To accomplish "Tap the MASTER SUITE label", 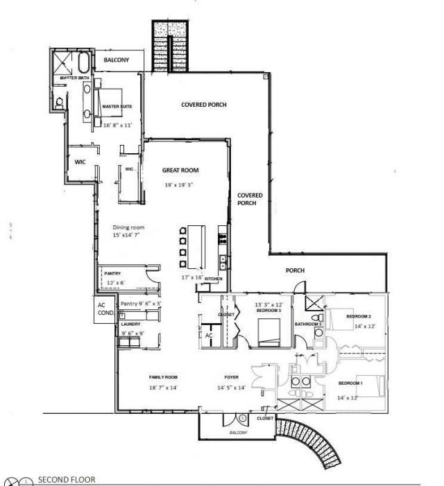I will pos(117,107).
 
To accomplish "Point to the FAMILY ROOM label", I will pos(164,376).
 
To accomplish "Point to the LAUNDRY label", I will pos(130,324).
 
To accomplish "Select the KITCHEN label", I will pos(212,279).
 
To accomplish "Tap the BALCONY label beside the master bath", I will pos(116,61).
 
